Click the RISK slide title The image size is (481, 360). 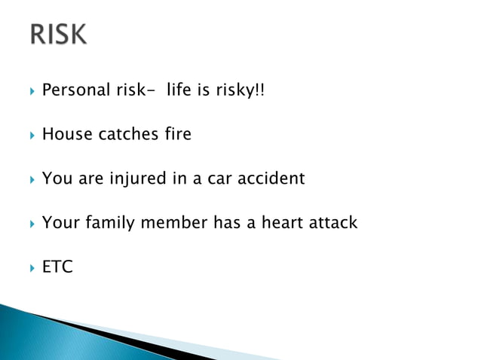59,35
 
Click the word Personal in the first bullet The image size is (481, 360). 72,90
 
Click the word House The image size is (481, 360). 66,134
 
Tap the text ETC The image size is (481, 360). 57,267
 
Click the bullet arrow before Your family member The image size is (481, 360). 31,224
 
